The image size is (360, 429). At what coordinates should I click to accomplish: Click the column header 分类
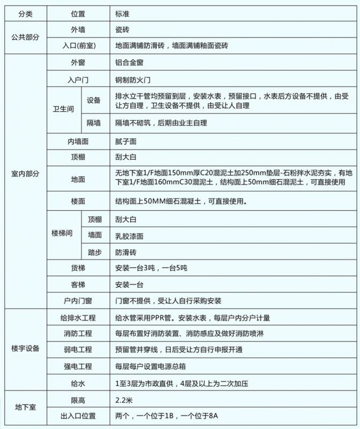[x=25, y=11]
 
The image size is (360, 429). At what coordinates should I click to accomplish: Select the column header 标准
[x=122, y=11]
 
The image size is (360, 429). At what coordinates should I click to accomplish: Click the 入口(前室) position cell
[x=78, y=46]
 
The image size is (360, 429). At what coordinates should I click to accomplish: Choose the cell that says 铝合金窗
[x=129, y=62]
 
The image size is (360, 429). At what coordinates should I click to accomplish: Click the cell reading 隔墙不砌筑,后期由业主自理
[x=161, y=123]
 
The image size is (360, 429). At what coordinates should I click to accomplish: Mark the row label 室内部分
[x=25, y=174]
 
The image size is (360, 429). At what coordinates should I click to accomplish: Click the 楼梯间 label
[x=63, y=235]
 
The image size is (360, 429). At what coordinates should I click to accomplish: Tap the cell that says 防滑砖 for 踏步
[x=126, y=252]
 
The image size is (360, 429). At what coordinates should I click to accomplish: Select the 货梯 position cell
[x=78, y=269]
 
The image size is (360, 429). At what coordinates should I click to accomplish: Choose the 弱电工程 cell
[x=78, y=350]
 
